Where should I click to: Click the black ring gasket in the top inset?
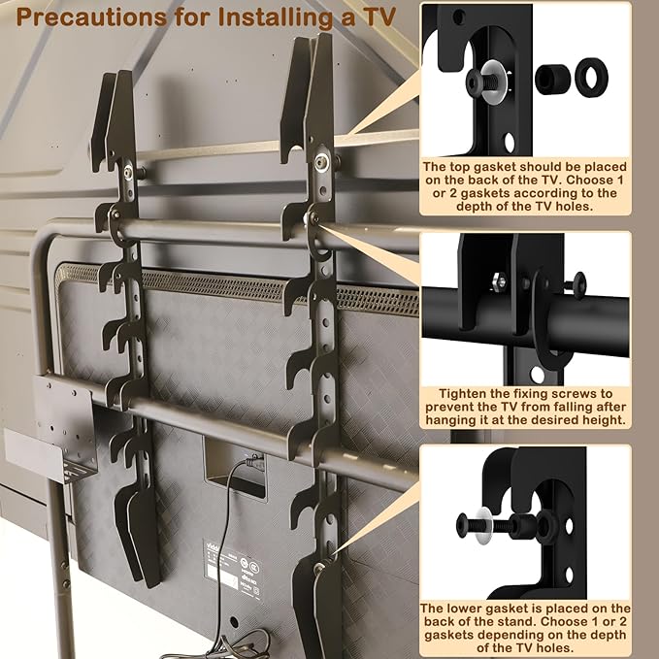pos(591,76)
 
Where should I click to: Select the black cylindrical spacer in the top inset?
pos(552,78)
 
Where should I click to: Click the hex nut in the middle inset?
pos(500,280)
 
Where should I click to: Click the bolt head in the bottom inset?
pos(461,525)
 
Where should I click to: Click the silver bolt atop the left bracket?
pos(128,171)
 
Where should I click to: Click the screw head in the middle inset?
pos(578,285)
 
